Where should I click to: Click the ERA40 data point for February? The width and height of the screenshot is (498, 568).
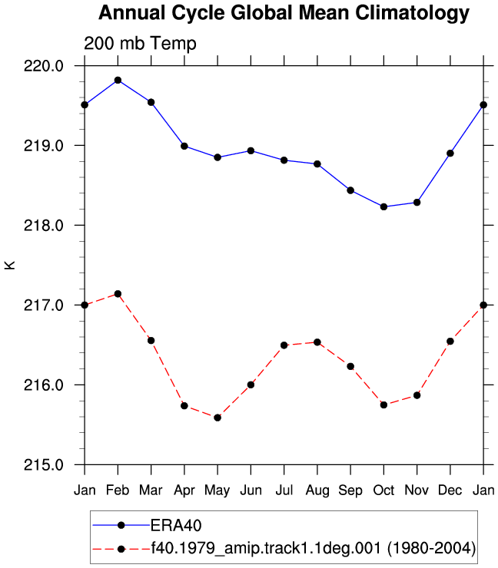118,80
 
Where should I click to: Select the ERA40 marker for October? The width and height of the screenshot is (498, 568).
383,206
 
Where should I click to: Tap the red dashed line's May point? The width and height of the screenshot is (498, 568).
217,418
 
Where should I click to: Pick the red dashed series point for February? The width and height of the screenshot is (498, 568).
118,294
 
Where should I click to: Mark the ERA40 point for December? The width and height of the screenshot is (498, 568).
450,154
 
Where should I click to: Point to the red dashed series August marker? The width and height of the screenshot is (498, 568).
317,342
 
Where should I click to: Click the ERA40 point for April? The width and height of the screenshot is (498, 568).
184,146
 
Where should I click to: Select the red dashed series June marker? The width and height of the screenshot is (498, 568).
251,385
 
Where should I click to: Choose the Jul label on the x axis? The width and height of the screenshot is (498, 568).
284,490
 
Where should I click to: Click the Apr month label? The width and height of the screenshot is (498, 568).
184,490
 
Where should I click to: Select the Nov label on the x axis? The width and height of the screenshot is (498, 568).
417,490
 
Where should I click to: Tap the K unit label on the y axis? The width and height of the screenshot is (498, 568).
10,265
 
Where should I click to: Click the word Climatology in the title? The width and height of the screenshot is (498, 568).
412,13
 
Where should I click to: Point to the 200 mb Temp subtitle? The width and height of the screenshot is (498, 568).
140,43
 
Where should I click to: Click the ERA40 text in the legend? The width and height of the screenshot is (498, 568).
176,525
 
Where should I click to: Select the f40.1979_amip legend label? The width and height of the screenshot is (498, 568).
313,548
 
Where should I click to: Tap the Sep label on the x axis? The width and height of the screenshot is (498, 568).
350,490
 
